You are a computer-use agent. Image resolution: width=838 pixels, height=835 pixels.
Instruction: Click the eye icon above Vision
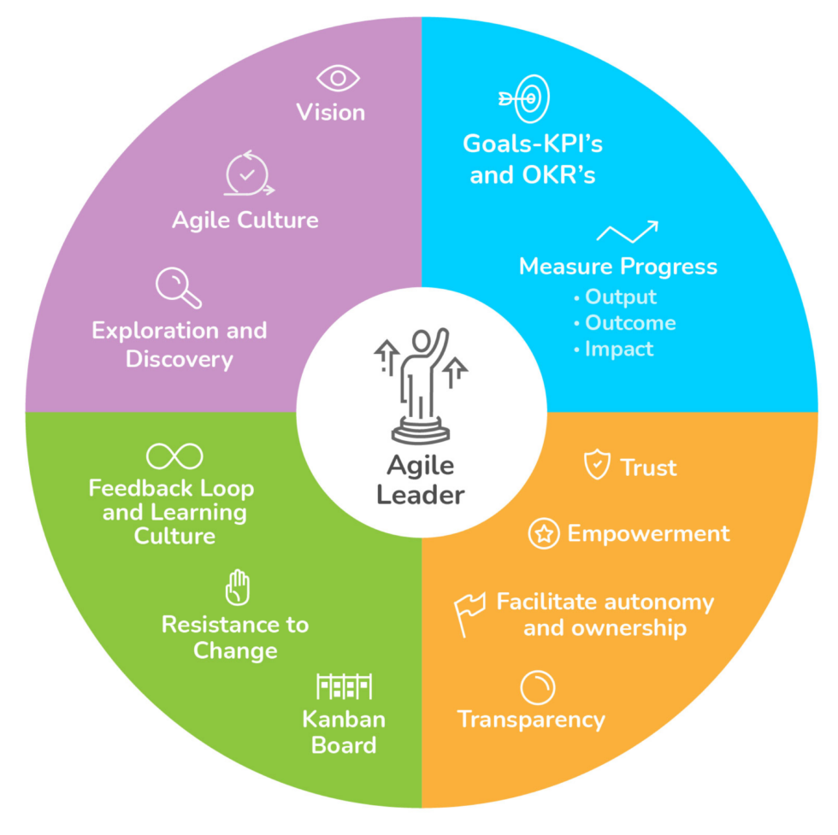pyautogui.click(x=338, y=79)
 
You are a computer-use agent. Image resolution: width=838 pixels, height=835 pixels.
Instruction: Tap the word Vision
pyautogui.click(x=331, y=113)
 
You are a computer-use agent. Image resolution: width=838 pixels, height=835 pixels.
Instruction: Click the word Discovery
pyautogui.click(x=180, y=359)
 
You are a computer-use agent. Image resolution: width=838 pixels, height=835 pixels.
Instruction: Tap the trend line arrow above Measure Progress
pyautogui.click(x=627, y=232)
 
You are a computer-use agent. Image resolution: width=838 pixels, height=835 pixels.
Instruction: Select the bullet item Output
pyautogui.click(x=620, y=297)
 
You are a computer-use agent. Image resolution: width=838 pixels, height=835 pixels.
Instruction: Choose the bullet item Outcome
pyautogui.click(x=629, y=323)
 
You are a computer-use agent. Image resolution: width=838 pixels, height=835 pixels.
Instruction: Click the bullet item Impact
pyautogui.click(x=618, y=349)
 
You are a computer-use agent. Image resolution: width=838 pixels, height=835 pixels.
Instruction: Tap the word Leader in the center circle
pyautogui.click(x=421, y=495)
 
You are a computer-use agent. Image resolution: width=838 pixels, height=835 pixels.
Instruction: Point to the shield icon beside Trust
pyautogui.click(x=596, y=466)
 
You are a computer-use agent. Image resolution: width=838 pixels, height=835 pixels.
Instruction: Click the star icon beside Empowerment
pyautogui.click(x=543, y=534)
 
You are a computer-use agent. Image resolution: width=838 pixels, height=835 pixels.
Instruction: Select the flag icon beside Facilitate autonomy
pyautogui.click(x=469, y=614)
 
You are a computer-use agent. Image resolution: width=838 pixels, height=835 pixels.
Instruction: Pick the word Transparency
pyautogui.click(x=531, y=720)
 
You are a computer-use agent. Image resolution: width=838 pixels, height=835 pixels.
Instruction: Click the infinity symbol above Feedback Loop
pyautogui.click(x=174, y=456)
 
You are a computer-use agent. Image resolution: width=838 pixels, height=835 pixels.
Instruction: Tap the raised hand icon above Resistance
pyautogui.click(x=237, y=588)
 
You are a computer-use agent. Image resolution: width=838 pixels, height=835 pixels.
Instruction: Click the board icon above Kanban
pyautogui.click(x=345, y=686)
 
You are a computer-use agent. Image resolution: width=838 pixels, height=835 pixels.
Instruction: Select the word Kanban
pyautogui.click(x=344, y=720)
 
